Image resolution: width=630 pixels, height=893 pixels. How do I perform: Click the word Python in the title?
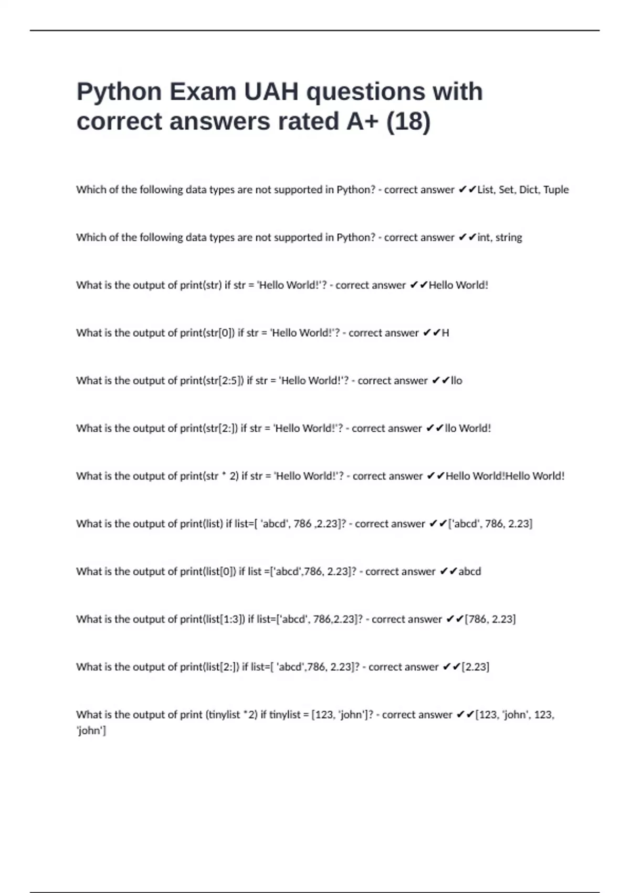point(120,92)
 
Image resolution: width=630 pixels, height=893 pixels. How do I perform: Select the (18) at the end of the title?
point(408,122)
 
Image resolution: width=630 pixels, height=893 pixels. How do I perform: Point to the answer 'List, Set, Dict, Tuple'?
point(523,190)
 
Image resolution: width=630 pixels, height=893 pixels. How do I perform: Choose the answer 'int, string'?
point(500,237)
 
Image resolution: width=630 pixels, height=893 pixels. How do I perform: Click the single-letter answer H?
point(445,333)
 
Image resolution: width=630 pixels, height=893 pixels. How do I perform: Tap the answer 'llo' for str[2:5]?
point(456,381)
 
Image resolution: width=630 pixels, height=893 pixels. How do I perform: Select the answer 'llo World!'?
point(468,429)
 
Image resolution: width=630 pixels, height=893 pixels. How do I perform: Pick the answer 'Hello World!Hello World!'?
point(505,476)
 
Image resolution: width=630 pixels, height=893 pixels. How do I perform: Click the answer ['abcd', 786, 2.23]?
point(490,524)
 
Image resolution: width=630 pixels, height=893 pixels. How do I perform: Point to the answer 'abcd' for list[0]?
point(469,572)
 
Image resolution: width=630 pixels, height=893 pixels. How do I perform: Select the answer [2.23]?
point(475,667)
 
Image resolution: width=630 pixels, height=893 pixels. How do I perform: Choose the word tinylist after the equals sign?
point(285,715)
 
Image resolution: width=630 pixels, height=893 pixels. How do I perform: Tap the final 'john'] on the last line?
point(91,731)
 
